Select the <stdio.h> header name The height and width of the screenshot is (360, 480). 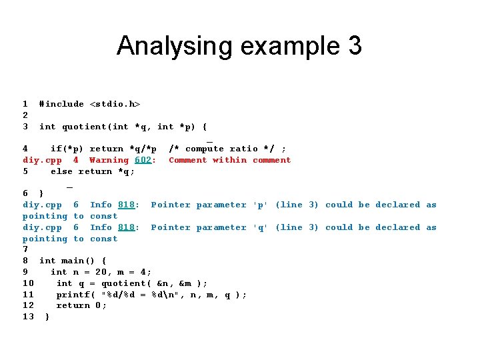point(115,104)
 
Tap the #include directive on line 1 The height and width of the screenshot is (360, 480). point(61,104)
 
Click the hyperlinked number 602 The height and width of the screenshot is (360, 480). point(143,160)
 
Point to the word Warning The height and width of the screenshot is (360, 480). point(109,160)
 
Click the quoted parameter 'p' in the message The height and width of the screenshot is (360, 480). point(260,205)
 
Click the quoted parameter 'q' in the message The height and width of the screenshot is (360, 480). point(260,227)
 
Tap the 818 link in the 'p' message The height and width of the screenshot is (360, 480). point(126,205)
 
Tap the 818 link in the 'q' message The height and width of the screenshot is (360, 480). point(126,227)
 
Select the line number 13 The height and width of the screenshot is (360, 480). point(28,317)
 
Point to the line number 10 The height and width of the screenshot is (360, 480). point(28,283)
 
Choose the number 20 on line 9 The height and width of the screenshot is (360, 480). point(101,272)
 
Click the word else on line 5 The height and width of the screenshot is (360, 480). point(62,171)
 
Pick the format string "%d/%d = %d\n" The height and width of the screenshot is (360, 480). point(157,295)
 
